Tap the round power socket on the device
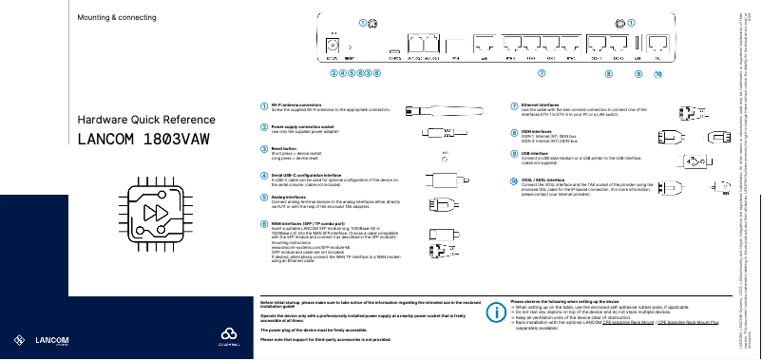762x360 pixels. pyautogui.click(x=333, y=45)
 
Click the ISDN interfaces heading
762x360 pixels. pyautogui.click(x=538, y=131)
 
